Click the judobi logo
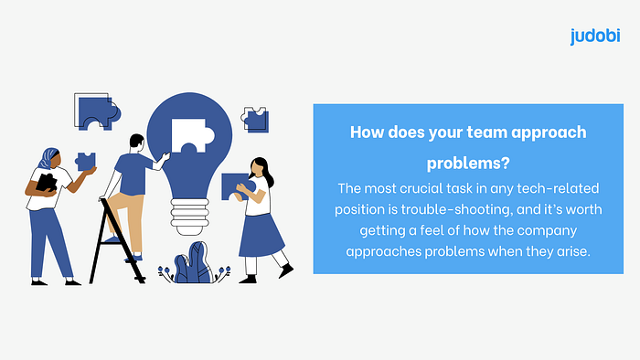click(595, 36)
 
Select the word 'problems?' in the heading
click(468, 164)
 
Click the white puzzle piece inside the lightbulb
click(192, 136)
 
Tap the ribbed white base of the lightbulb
click(189, 217)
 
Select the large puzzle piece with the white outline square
click(97, 111)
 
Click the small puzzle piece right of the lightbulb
click(255, 120)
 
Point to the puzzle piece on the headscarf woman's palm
click(86, 162)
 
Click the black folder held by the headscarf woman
click(46, 183)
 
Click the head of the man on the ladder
click(137, 143)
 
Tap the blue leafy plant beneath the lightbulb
click(194, 263)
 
